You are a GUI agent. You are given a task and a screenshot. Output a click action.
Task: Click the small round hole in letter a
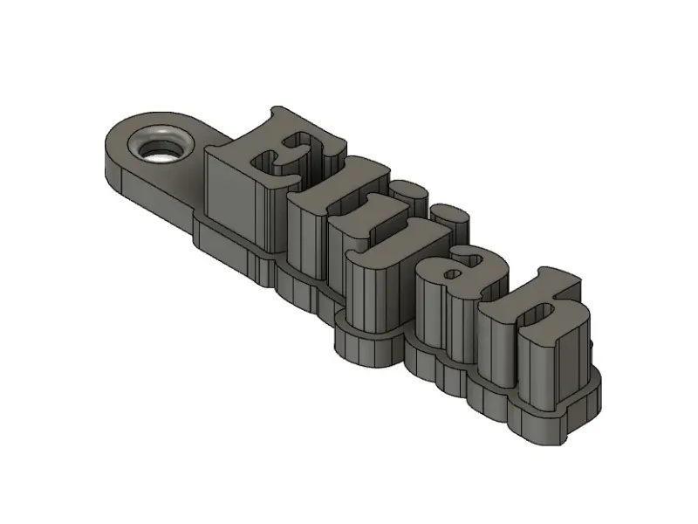tap(453, 273)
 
